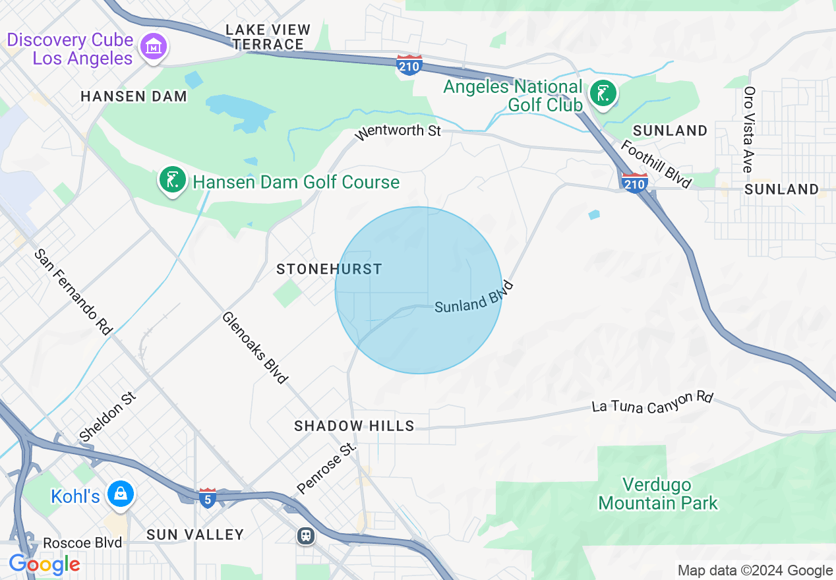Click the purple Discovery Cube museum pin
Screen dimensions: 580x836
(154, 47)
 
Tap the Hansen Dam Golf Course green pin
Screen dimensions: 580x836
(172, 179)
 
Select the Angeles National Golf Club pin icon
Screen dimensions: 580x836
(603, 94)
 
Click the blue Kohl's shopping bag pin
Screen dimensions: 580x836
(121, 494)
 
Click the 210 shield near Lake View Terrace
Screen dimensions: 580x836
(409, 65)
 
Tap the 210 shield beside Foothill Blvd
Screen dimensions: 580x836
(634, 183)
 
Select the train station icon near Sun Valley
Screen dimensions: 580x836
(305, 535)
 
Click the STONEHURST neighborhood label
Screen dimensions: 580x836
(329, 269)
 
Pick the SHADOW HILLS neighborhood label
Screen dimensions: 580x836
(354, 426)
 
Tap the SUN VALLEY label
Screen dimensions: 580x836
(195, 535)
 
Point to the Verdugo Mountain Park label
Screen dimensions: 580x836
(657, 494)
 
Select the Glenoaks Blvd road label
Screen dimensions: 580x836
(255, 347)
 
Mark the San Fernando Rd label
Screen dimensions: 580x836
(73, 291)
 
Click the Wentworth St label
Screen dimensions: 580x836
(398, 131)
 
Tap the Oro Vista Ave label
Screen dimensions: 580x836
(749, 129)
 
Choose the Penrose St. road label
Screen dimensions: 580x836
(326, 469)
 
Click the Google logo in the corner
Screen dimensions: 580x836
(44, 564)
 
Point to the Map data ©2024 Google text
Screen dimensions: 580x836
(755, 571)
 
